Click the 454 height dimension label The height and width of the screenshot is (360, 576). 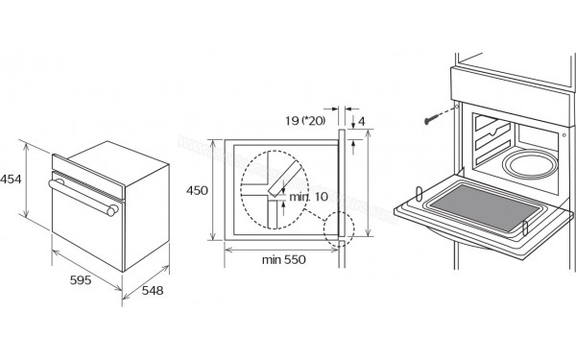coord(11,180)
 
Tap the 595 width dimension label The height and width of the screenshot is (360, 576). coord(81,280)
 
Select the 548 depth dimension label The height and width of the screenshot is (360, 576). coord(153,291)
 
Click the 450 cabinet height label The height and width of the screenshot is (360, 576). coord(197,190)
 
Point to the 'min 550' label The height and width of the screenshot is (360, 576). coord(283,260)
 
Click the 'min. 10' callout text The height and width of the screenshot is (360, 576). coord(308,197)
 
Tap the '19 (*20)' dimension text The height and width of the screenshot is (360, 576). coord(305,121)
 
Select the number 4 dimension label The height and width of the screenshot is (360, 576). coord(362,121)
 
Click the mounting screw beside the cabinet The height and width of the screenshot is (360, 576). coord(432,119)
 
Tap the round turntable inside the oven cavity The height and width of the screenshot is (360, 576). coord(530,164)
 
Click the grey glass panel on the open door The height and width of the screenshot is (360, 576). coord(485,208)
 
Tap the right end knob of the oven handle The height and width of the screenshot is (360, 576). coord(112,210)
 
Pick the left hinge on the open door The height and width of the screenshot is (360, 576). coord(420,194)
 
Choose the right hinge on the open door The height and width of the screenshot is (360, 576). coord(525,228)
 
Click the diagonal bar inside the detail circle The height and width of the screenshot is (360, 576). coord(285,180)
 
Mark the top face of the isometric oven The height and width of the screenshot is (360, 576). coord(118,162)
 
